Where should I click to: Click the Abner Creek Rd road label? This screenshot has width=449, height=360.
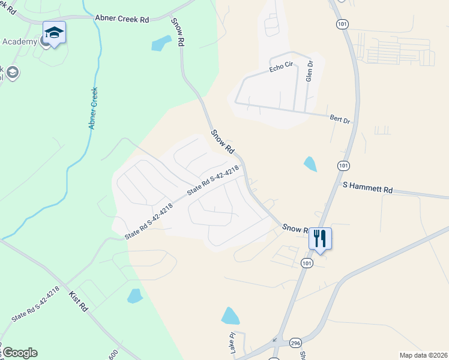click(x=122, y=19)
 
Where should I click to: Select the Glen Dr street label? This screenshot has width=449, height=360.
click(x=310, y=71)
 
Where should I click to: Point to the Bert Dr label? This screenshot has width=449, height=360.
click(x=340, y=119)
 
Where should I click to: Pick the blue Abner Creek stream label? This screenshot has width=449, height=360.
click(x=92, y=108)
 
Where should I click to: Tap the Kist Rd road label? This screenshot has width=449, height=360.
click(x=79, y=300)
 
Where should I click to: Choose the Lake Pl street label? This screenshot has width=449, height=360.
click(x=232, y=343)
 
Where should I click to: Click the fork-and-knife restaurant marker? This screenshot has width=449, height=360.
click(x=320, y=239)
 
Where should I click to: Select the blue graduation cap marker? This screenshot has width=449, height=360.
click(x=54, y=33)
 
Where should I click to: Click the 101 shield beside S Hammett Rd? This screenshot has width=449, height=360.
click(x=343, y=165)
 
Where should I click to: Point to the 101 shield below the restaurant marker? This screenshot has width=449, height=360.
click(x=307, y=263)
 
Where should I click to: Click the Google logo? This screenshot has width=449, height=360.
click(x=19, y=353)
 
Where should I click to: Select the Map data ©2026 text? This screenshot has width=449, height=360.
click(x=423, y=355)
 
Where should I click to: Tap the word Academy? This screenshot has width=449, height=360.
click(x=20, y=41)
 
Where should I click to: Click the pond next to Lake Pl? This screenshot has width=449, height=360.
click(x=230, y=316)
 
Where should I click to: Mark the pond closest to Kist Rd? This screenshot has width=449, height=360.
click(x=135, y=296)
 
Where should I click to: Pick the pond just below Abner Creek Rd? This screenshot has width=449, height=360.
click(x=160, y=43)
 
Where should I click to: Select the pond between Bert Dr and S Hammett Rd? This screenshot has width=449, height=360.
click(x=310, y=164)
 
